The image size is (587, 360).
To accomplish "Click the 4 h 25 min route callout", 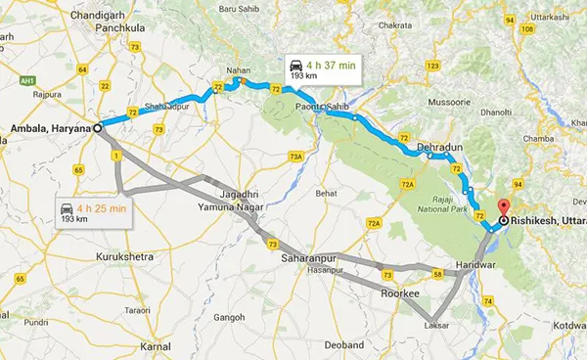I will coord(94,211).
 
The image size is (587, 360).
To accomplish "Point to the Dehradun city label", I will coord(437,146).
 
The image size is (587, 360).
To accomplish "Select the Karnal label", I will coord(154,346).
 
